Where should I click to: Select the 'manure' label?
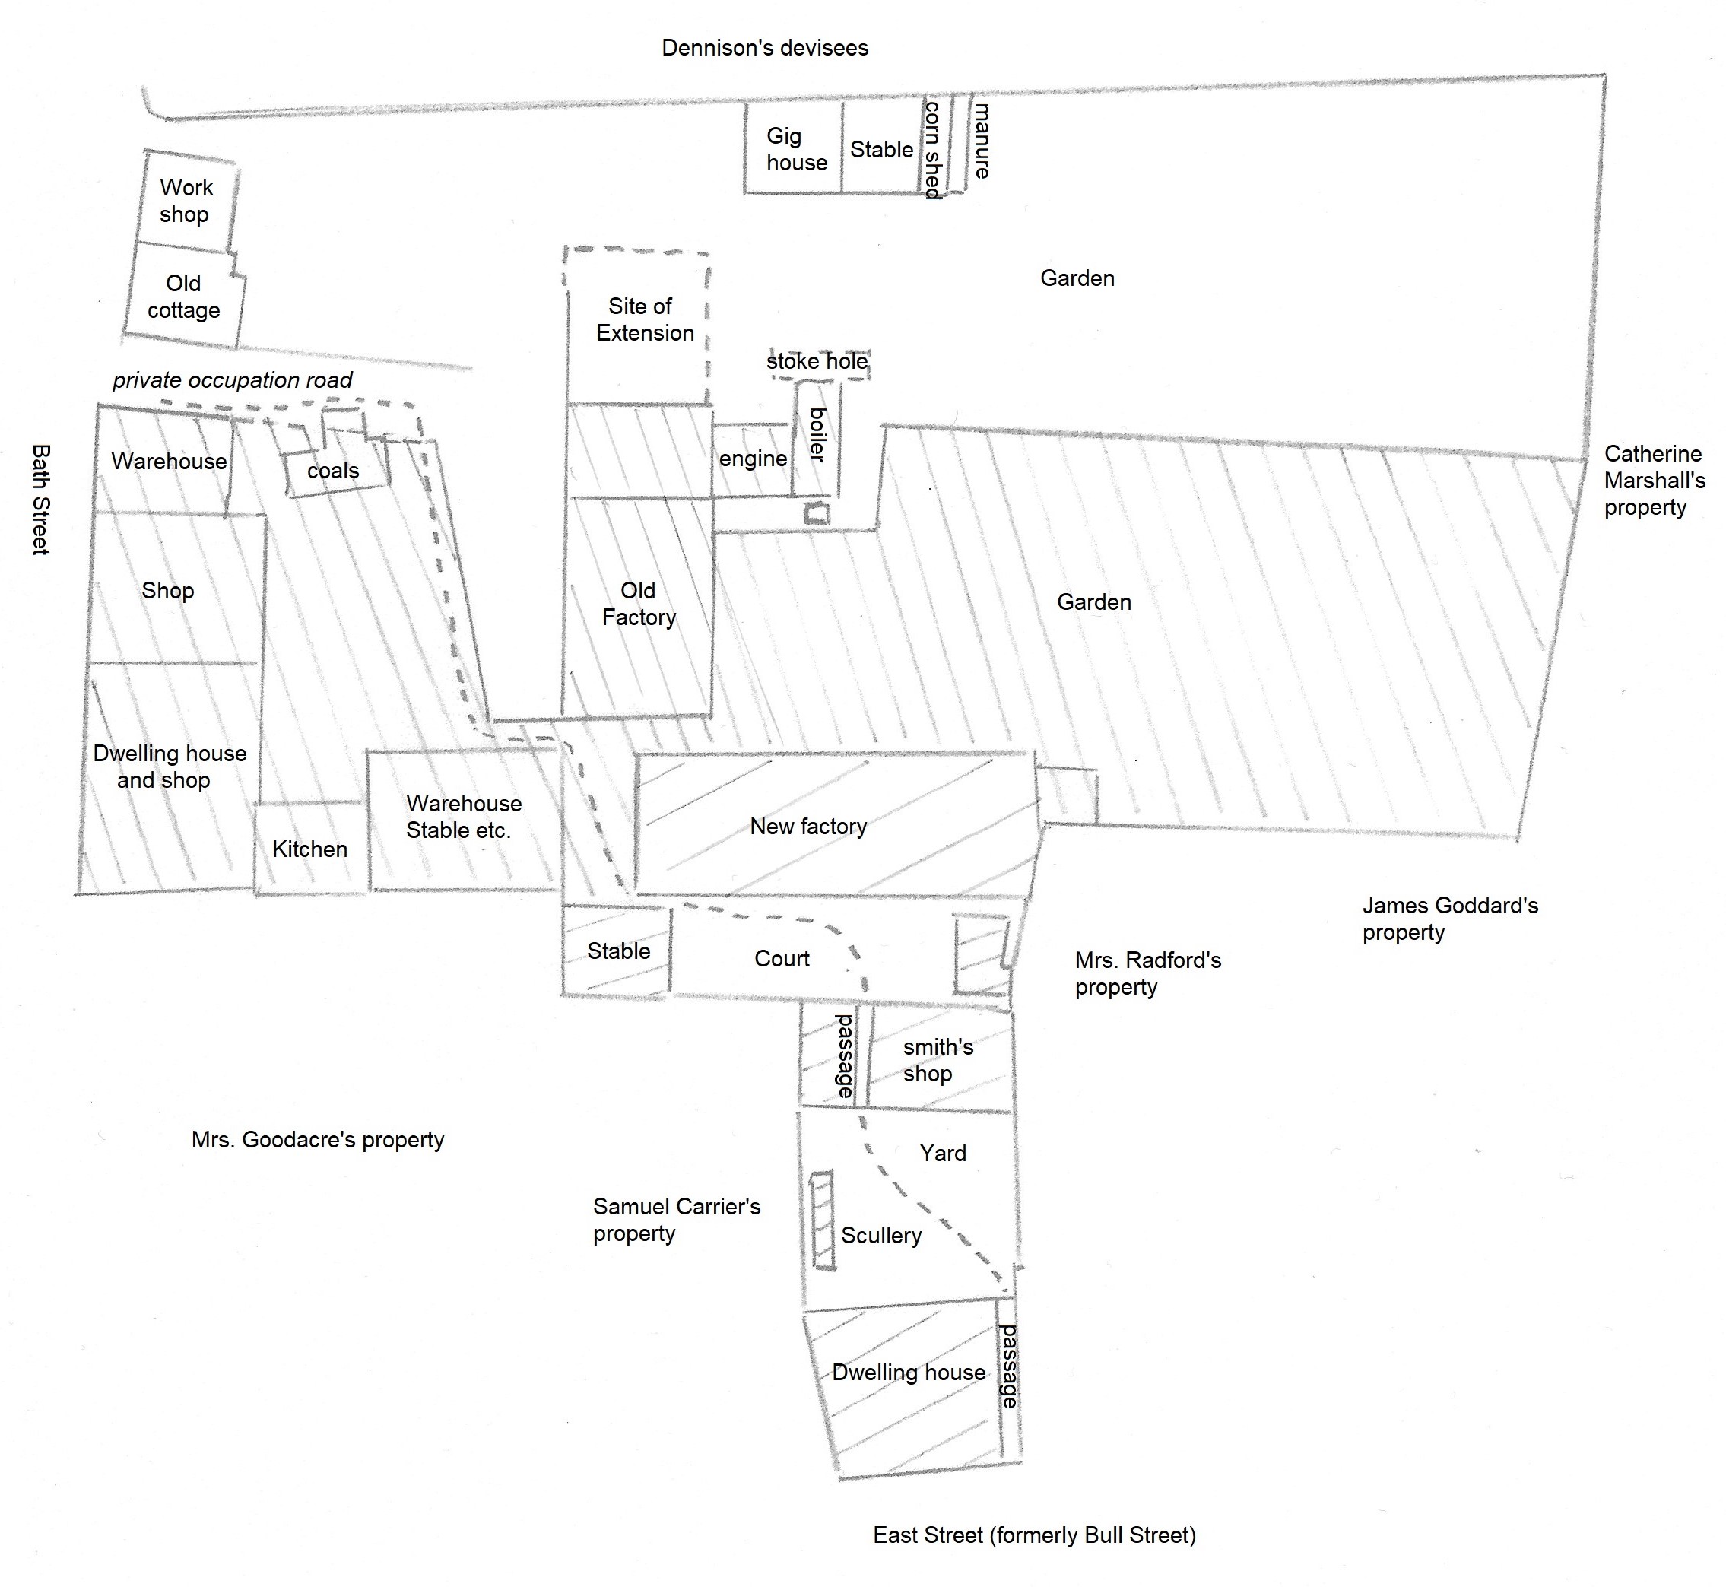coord(982,141)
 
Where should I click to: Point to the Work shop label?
coord(186,200)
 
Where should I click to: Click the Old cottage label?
coord(183,297)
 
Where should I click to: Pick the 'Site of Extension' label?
coord(644,319)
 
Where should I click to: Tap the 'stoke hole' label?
coord(817,361)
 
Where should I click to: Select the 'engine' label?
coord(752,459)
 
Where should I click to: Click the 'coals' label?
coord(333,471)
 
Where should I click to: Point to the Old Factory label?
coord(638,604)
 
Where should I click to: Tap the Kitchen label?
coord(310,849)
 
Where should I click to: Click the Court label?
coord(782,958)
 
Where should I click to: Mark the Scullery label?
coord(881,1235)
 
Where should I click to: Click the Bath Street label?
coord(40,499)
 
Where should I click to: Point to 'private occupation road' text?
coord(232,380)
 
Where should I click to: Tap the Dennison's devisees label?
coord(764,48)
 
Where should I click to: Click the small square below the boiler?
coord(816,514)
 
